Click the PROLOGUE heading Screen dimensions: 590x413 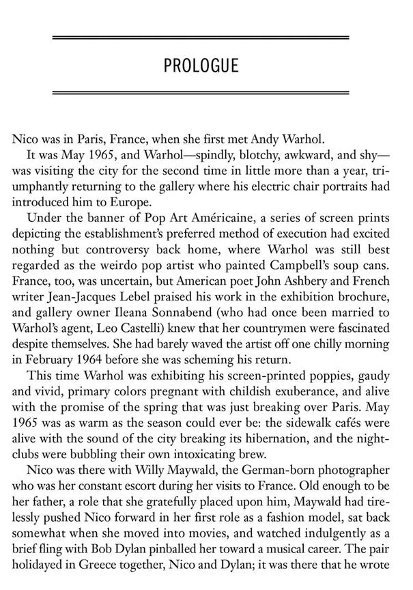[x=201, y=66]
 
